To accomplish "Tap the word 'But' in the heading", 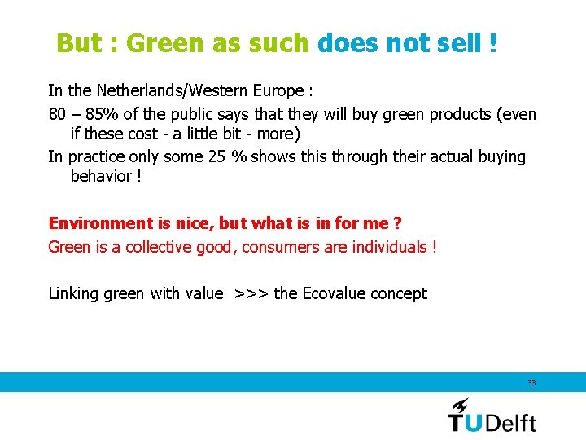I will (78, 43).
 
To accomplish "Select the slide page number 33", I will (531, 382).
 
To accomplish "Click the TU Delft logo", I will (492, 416).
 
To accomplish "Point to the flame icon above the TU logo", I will (460, 404).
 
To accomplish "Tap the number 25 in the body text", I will (216, 156).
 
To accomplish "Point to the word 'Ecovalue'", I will (334, 293).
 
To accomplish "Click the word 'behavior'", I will (101, 176).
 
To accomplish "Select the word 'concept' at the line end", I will (398, 294).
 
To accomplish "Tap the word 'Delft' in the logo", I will (512, 422).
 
